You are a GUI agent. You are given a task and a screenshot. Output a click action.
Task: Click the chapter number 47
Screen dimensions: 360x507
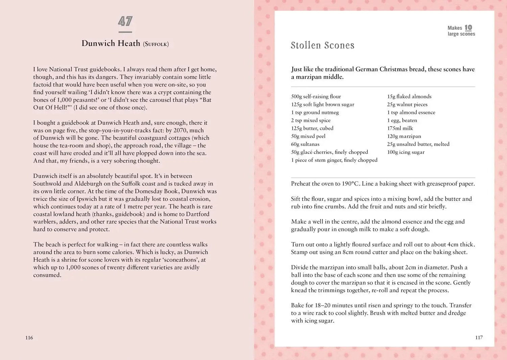point(125,22)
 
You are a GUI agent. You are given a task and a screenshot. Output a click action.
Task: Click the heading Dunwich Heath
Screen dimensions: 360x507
point(111,43)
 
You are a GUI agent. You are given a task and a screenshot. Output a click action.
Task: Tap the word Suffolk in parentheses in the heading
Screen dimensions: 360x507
point(156,44)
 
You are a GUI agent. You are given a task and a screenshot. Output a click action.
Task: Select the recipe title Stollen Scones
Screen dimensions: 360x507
point(322,45)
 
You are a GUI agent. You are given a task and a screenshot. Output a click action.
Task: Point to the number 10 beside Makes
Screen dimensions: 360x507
point(468,28)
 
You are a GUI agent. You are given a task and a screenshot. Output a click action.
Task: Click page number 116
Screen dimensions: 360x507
point(29,337)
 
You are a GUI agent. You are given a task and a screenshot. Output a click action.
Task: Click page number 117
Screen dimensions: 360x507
point(479,337)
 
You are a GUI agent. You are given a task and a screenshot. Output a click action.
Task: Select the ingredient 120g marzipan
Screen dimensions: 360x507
point(404,136)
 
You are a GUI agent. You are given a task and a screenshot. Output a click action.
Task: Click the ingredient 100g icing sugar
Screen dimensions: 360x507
point(406,152)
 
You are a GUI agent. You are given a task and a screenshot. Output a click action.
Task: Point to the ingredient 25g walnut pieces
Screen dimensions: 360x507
point(407,104)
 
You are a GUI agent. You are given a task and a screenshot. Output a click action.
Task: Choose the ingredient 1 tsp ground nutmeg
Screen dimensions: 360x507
point(315,112)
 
